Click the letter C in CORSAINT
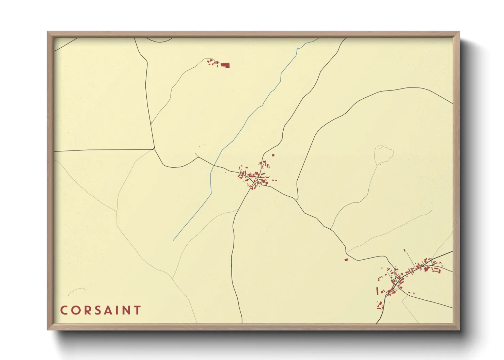point(64,310)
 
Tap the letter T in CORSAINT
point(137,310)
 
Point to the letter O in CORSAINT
point(74,310)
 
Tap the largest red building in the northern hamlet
point(225,65)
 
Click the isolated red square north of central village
point(273,155)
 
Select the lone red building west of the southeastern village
point(346,260)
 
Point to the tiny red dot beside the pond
point(380,165)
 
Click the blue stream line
point(245,122)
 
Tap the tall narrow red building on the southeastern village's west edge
point(377,291)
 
